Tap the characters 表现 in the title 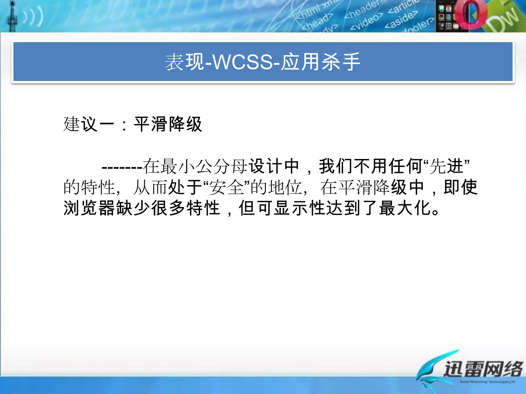pyautogui.click(x=184, y=62)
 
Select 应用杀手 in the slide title pyautogui.click(x=321, y=62)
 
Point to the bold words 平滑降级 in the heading pyautogui.click(x=168, y=124)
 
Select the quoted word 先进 pyautogui.click(x=446, y=166)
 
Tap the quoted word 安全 pyautogui.click(x=227, y=187)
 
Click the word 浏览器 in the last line pyautogui.click(x=89, y=208)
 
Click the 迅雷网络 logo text pyautogui.click(x=483, y=369)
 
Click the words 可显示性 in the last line pyautogui.click(x=291, y=208)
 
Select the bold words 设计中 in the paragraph pyautogui.click(x=274, y=166)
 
